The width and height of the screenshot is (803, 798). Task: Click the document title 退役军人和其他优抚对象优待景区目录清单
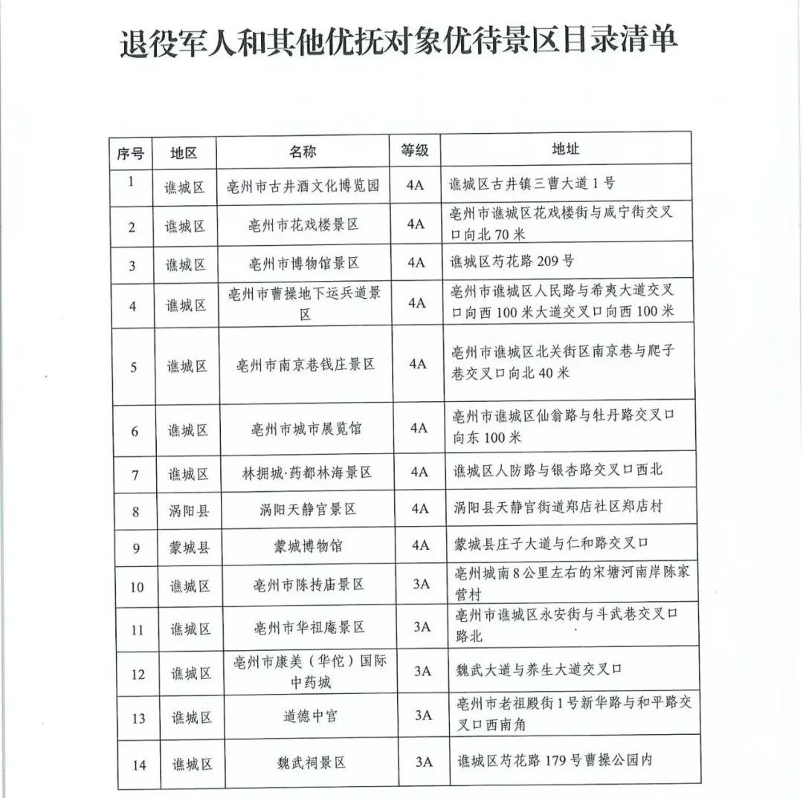(x=399, y=42)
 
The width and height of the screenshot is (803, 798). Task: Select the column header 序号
(x=130, y=153)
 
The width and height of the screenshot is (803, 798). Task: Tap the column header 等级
(x=415, y=151)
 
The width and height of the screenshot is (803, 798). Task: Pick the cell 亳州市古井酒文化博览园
(x=303, y=186)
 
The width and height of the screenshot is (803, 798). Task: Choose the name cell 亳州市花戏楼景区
(x=303, y=224)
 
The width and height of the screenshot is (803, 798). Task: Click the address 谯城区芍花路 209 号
(x=512, y=261)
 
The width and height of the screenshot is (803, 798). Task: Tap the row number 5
(x=133, y=367)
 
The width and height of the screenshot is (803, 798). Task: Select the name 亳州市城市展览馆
(x=306, y=429)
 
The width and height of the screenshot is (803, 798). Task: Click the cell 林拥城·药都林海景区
(x=306, y=472)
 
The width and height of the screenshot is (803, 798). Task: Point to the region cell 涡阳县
(x=186, y=510)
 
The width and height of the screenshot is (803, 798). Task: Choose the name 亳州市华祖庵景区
(x=309, y=627)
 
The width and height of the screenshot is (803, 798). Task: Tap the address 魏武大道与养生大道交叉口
(x=539, y=669)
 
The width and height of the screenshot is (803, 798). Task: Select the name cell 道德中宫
(x=310, y=716)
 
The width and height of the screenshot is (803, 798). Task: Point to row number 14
(x=139, y=765)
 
